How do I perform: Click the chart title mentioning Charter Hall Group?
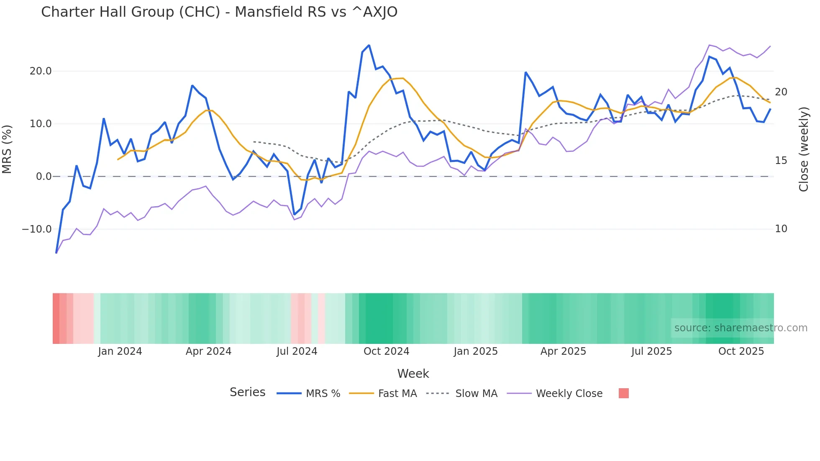click(x=219, y=12)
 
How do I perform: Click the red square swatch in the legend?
click(x=623, y=393)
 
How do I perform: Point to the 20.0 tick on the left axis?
click(x=41, y=71)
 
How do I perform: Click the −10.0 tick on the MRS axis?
click(x=37, y=229)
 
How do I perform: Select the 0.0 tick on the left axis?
click(x=44, y=177)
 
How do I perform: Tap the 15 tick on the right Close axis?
click(x=781, y=161)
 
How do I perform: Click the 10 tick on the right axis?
click(x=781, y=229)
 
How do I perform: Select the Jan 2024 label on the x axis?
click(x=120, y=351)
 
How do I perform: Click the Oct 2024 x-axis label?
click(x=386, y=351)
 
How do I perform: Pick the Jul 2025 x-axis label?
click(x=651, y=351)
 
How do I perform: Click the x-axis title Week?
click(x=413, y=374)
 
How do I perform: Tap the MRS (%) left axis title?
click(x=7, y=149)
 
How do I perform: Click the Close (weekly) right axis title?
click(x=803, y=149)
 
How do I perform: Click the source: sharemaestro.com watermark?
click(x=741, y=328)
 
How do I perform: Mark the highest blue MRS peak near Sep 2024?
click(x=369, y=45)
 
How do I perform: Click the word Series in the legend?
click(x=247, y=392)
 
